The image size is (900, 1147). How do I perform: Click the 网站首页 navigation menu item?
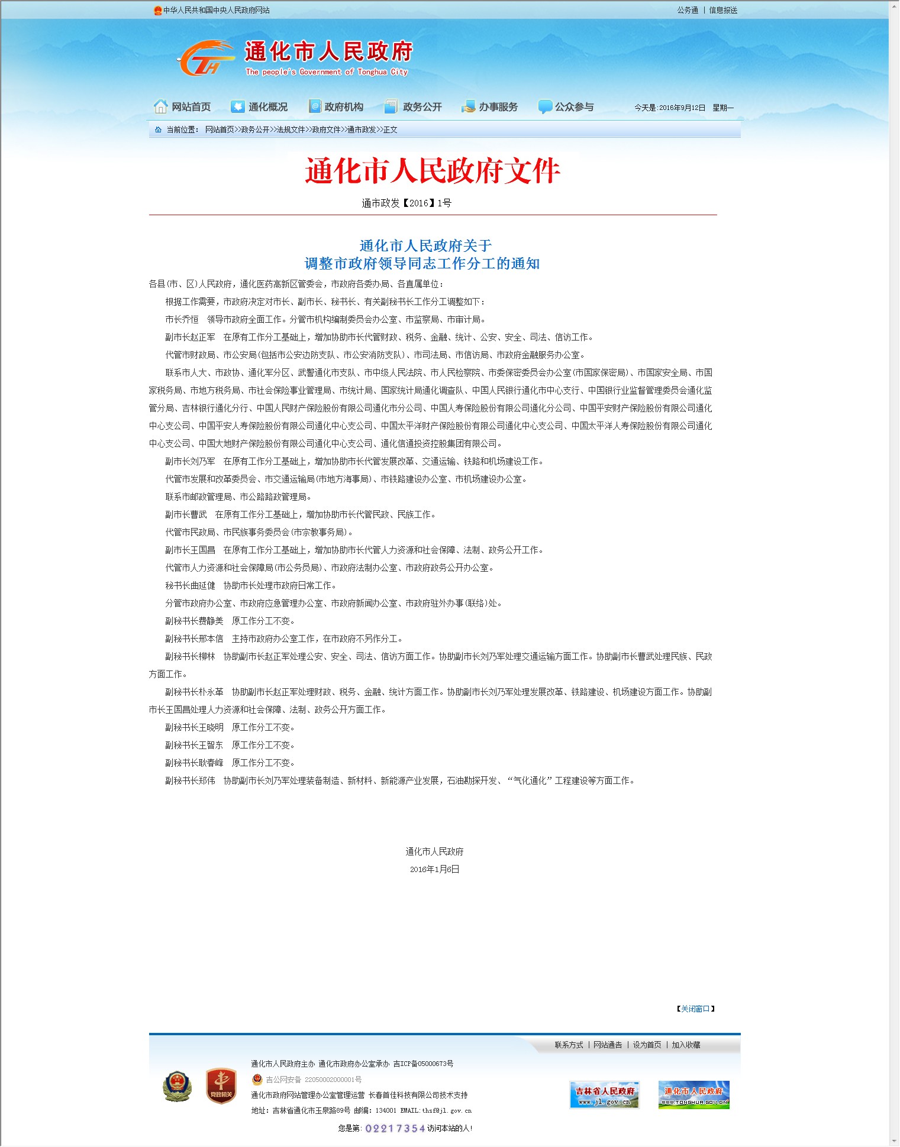point(183,107)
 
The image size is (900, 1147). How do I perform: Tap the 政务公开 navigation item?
point(414,107)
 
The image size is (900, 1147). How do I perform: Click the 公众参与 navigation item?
point(566,107)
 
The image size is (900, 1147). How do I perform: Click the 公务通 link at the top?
point(688,10)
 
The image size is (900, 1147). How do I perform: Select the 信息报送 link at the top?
point(723,10)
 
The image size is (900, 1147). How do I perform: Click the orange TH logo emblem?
point(204,59)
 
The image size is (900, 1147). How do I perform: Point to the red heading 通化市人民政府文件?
point(433,171)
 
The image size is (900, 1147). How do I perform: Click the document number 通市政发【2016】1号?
point(407,203)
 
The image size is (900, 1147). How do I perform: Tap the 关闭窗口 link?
point(695,1009)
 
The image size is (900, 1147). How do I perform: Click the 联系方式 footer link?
point(569,1045)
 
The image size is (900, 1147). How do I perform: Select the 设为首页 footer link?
point(647,1045)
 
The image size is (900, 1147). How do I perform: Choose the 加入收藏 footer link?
point(686,1045)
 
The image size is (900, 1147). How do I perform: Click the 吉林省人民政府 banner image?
point(604,1095)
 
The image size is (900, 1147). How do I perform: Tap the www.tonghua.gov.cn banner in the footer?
point(693,1095)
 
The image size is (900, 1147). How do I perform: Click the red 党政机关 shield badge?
point(221,1086)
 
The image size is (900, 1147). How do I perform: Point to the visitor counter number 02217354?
point(395,1129)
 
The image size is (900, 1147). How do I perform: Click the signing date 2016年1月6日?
point(434,870)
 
